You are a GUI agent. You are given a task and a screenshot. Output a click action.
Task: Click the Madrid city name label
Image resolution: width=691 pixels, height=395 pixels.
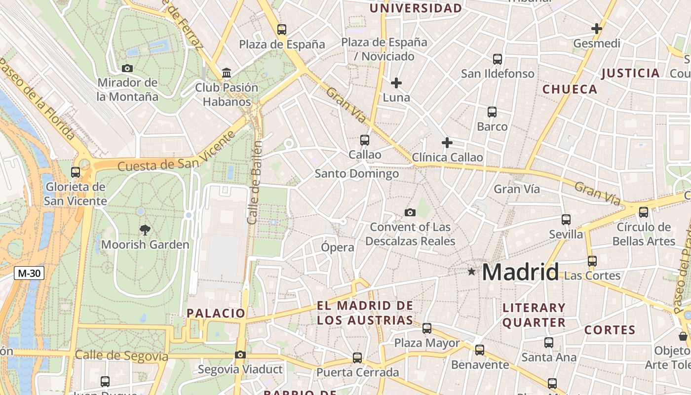[520, 272]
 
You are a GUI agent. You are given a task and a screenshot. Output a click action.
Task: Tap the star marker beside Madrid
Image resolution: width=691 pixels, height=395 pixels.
[472, 272]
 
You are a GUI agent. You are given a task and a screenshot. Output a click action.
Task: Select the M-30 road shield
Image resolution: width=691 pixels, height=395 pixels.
[29, 273]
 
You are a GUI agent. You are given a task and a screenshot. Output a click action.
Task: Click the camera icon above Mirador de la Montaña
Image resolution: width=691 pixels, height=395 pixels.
[127, 68]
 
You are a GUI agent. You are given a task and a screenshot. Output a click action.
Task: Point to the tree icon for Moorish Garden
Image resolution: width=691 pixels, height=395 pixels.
[145, 229]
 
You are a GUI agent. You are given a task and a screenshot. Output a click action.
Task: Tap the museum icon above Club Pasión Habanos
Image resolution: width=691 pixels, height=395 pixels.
[227, 73]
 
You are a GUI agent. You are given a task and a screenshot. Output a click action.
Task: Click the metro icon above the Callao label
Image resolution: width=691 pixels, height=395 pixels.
[365, 140]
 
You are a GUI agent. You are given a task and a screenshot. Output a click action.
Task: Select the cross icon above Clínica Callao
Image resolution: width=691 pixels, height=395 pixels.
[447, 143]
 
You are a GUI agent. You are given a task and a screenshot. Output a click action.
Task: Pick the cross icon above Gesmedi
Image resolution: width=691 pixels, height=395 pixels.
[597, 29]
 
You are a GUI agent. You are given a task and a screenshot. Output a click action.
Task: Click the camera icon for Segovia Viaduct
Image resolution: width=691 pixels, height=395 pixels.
[240, 355]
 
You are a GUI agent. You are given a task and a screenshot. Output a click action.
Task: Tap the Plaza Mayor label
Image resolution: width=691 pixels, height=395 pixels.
[427, 343]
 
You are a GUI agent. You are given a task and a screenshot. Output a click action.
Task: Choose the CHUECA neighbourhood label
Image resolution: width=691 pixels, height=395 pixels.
[570, 89]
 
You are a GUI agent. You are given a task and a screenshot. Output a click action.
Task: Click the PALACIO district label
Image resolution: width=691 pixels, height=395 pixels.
[216, 313]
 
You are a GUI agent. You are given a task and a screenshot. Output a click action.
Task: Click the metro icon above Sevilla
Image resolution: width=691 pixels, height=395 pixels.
[566, 219]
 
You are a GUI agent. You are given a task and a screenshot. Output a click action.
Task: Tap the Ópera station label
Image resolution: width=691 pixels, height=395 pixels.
[338, 247]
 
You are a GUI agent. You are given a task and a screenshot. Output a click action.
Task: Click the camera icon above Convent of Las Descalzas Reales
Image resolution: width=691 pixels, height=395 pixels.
[410, 212]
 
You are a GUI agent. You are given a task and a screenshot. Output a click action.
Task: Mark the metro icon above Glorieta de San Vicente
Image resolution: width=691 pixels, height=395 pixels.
[76, 172]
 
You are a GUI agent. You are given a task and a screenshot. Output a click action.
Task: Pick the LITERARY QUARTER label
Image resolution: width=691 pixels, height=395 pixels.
[534, 315]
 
